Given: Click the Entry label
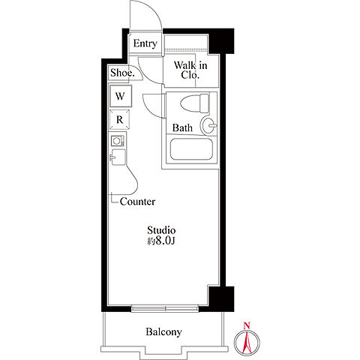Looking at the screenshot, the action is pyautogui.click(x=145, y=43).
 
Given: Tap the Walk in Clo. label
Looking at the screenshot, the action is pyautogui.click(x=190, y=70).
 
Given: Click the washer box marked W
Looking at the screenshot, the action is pyautogui.click(x=120, y=96).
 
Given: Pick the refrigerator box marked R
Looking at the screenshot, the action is pyautogui.click(x=120, y=119).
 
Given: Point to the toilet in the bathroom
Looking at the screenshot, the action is pyautogui.click(x=195, y=103).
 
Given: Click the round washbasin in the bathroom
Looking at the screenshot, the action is pyautogui.click(x=208, y=125).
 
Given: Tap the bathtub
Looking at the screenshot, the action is pyautogui.click(x=191, y=149).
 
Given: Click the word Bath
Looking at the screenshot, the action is pyautogui.click(x=182, y=128).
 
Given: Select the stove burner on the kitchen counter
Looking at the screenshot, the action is pyautogui.click(x=117, y=141).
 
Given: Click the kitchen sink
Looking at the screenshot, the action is pyautogui.click(x=118, y=157).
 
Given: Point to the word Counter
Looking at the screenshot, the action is pyautogui.click(x=137, y=202).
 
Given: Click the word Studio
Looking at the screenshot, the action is pyautogui.click(x=161, y=230).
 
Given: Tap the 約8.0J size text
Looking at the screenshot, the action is pyautogui.click(x=160, y=241).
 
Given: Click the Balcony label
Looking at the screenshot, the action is pyautogui.click(x=163, y=332).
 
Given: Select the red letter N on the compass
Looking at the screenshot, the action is pyautogui.click(x=247, y=325).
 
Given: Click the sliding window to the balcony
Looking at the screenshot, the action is pyautogui.click(x=165, y=308).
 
